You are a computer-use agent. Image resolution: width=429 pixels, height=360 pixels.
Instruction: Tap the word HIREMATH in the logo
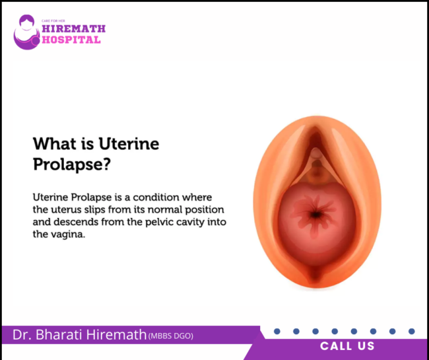point(73,28)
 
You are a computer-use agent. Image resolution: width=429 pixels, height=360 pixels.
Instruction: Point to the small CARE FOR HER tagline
point(56,20)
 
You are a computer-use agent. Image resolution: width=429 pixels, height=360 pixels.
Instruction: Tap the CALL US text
point(347,346)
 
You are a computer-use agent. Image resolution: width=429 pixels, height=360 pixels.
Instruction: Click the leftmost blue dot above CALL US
point(277,331)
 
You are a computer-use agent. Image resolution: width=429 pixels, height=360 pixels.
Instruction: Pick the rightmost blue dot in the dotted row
point(411,331)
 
